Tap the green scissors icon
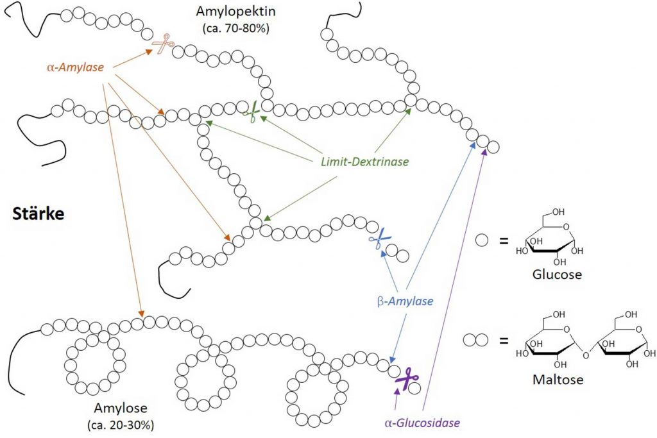tap(252, 112)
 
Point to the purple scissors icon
tap(405, 378)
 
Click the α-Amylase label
tap(76, 67)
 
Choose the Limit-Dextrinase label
tap(364, 162)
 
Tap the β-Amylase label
tap(405, 301)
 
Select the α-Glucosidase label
tap(422, 423)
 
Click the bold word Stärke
tap(38, 214)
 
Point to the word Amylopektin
tap(235, 11)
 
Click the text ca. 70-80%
tap(235, 28)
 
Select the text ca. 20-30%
tap(121, 425)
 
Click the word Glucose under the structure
tap(557, 274)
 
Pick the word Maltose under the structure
tap(558, 380)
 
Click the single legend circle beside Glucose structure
tap(482, 240)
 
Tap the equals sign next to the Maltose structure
tap(504, 341)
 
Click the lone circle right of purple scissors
tap(414, 388)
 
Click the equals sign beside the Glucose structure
tap(504, 240)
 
